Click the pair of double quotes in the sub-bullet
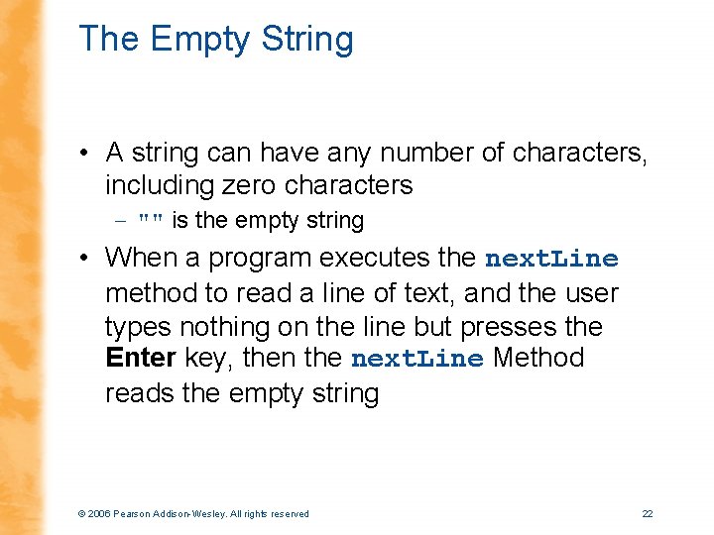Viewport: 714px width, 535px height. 151,220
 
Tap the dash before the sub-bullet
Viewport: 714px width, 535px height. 120,220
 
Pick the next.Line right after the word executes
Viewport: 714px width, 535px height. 551,260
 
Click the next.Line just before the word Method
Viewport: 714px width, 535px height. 417,359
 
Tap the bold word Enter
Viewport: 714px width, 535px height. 141,358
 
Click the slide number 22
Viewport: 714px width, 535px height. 648,513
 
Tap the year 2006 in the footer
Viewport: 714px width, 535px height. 99,513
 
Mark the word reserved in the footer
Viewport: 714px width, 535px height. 287,513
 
